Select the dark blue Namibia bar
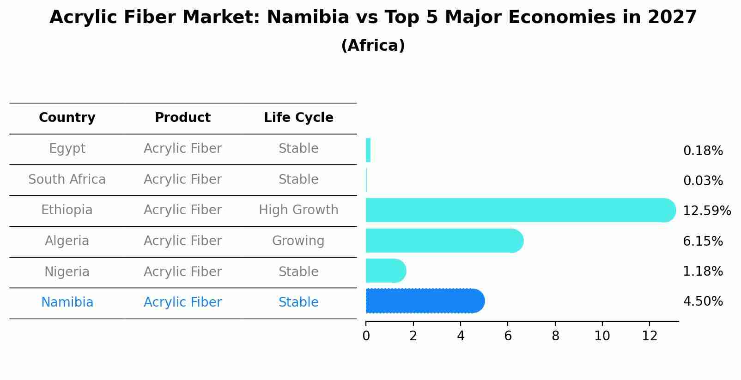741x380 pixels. point(424,301)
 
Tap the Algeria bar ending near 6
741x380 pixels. point(443,241)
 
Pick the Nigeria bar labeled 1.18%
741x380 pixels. point(385,271)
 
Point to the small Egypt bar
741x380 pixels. point(368,150)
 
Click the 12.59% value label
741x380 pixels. point(706,211)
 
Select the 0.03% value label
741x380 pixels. point(703,181)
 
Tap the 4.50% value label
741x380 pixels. point(703,302)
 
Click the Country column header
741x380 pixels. point(67,118)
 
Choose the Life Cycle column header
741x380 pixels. point(298,118)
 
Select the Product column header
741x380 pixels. point(182,118)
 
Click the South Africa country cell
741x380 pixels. point(67,180)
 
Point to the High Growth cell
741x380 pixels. point(298,210)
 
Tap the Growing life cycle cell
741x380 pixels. point(298,241)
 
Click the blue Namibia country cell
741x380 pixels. point(67,302)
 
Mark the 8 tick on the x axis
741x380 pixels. point(555,336)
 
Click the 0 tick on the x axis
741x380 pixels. point(366,336)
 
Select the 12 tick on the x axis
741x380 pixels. point(650,336)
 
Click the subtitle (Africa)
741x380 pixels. point(373,46)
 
